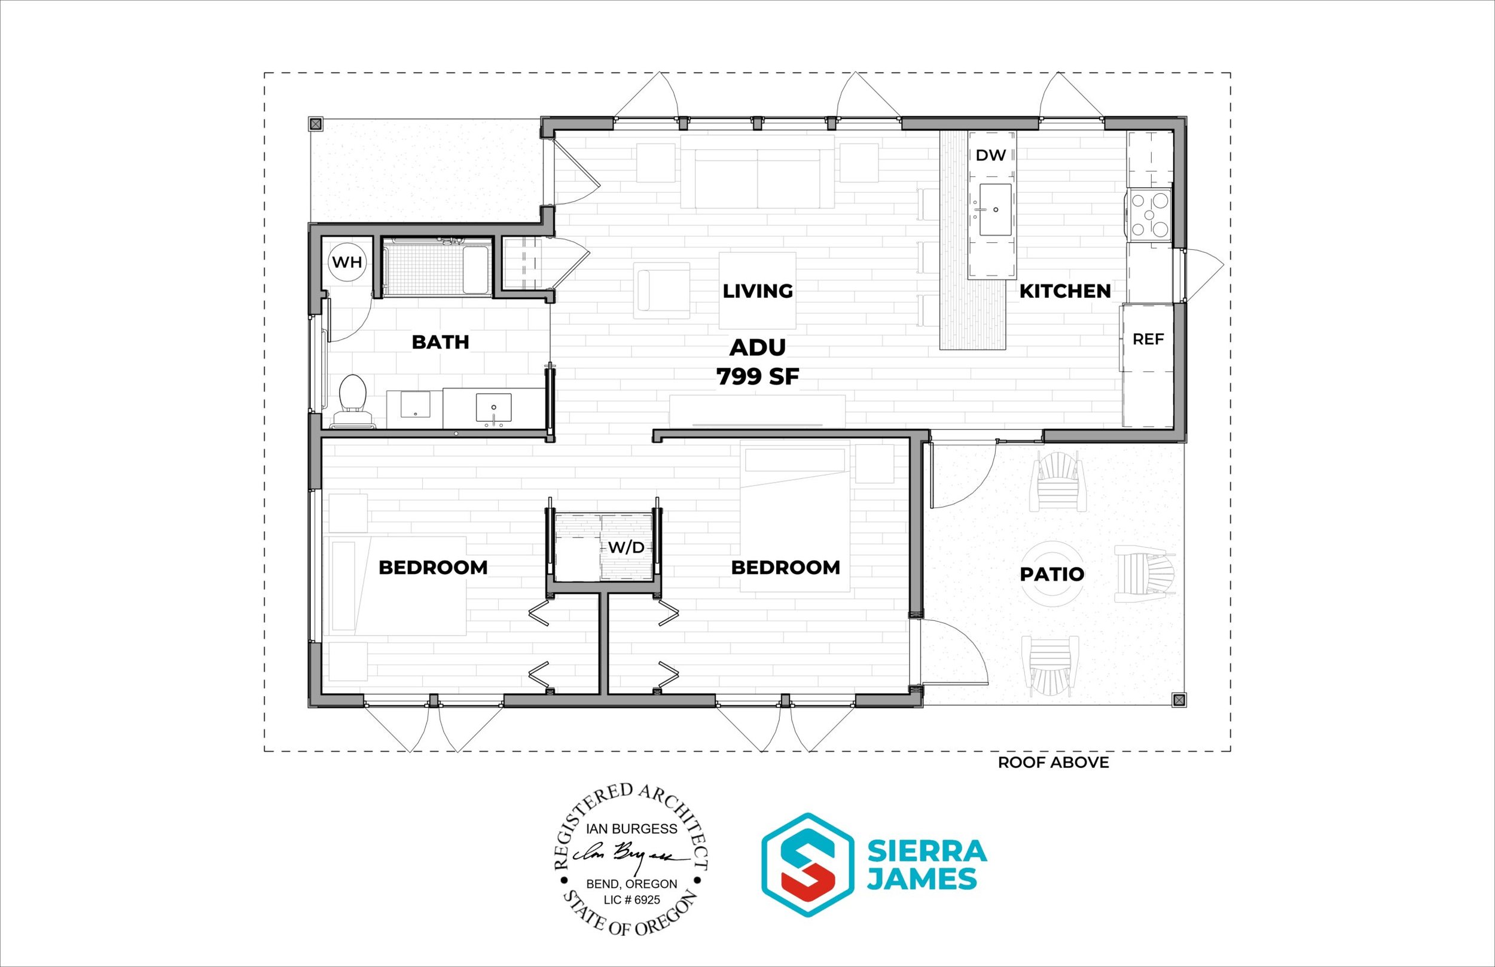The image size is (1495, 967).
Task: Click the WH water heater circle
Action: (x=347, y=262)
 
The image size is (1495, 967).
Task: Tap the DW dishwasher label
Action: (x=991, y=155)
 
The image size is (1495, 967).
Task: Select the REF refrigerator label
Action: (x=1148, y=339)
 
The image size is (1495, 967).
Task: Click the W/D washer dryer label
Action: (x=626, y=548)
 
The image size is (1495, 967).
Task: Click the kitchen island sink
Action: (x=995, y=210)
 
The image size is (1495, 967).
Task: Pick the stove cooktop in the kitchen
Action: (x=1151, y=215)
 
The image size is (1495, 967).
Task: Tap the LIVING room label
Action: (x=757, y=291)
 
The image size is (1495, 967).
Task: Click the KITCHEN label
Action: (x=1065, y=291)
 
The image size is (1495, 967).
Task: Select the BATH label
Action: (x=440, y=342)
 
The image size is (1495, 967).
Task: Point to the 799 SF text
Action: (x=758, y=377)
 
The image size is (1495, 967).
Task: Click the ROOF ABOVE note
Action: (x=1054, y=762)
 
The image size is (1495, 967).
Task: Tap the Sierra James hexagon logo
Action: (x=806, y=865)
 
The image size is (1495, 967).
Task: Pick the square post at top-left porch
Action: (x=315, y=124)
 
